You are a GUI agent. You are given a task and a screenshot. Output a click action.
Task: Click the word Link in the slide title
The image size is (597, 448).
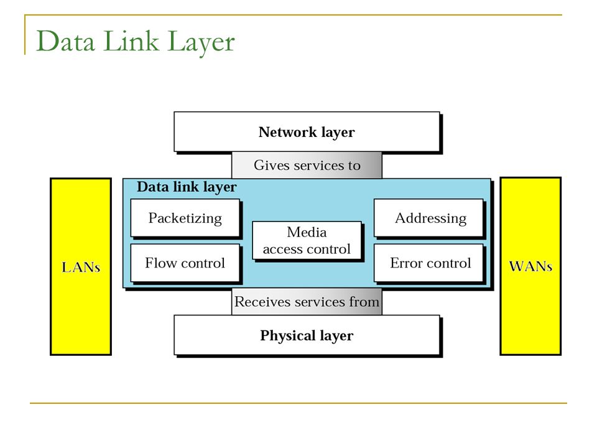(x=131, y=41)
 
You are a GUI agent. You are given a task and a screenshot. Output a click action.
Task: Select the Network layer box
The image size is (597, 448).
(x=307, y=132)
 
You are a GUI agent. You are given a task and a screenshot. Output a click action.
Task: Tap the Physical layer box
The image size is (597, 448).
(x=307, y=335)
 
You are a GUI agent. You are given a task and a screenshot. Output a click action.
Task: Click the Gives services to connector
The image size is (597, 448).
(x=307, y=166)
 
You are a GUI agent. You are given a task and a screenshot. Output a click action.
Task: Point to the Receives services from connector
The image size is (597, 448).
(x=307, y=301)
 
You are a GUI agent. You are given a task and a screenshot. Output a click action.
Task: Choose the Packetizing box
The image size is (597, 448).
(x=185, y=218)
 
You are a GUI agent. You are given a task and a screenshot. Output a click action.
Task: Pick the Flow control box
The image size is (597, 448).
(x=185, y=263)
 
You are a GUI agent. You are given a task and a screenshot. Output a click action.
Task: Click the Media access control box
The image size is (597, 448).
(x=307, y=241)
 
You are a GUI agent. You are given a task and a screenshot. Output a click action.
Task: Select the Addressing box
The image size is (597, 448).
(x=428, y=218)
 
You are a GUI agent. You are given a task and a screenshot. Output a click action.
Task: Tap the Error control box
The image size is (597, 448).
(x=428, y=263)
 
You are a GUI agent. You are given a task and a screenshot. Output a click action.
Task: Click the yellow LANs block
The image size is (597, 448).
(x=81, y=267)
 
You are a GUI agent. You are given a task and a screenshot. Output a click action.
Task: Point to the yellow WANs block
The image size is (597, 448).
(x=530, y=266)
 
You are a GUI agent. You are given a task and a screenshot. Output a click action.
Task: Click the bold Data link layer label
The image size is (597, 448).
(x=187, y=187)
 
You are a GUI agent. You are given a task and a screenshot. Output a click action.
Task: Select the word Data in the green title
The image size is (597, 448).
(x=65, y=41)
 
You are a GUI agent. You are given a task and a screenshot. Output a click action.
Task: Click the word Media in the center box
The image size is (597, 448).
(x=307, y=232)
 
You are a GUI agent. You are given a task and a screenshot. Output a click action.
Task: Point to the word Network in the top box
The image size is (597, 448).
(x=287, y=132)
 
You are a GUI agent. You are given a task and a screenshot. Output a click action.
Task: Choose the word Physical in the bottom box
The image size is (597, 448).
(x=287, y=335)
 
